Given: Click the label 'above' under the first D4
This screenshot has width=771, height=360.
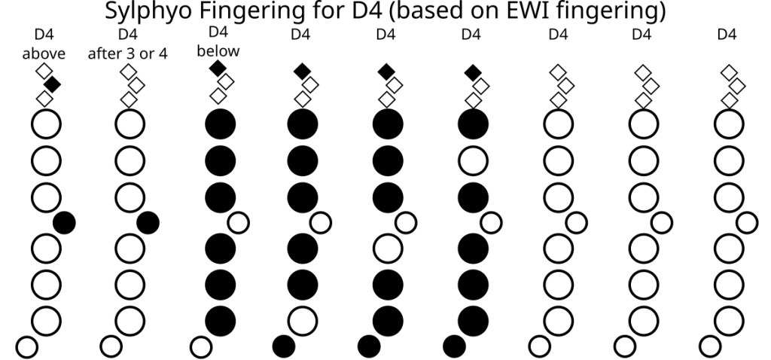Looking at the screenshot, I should point(44,53).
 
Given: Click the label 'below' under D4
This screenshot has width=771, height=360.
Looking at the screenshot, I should point(217,50).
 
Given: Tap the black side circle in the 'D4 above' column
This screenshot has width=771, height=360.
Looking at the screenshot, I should point(64,222).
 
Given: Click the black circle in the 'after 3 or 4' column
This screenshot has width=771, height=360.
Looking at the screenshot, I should point(148,222).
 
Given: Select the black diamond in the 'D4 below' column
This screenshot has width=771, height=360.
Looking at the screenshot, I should point(218,69).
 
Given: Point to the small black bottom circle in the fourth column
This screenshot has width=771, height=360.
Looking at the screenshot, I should point(284,346).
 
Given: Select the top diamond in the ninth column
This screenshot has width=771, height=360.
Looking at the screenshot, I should point(728,72).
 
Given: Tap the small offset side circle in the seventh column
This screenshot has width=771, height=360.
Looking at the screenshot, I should point(577,222).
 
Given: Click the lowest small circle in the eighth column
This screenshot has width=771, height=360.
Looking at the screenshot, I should point(624,346).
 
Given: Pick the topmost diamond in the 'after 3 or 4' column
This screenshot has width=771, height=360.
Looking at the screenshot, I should point(129,72).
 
